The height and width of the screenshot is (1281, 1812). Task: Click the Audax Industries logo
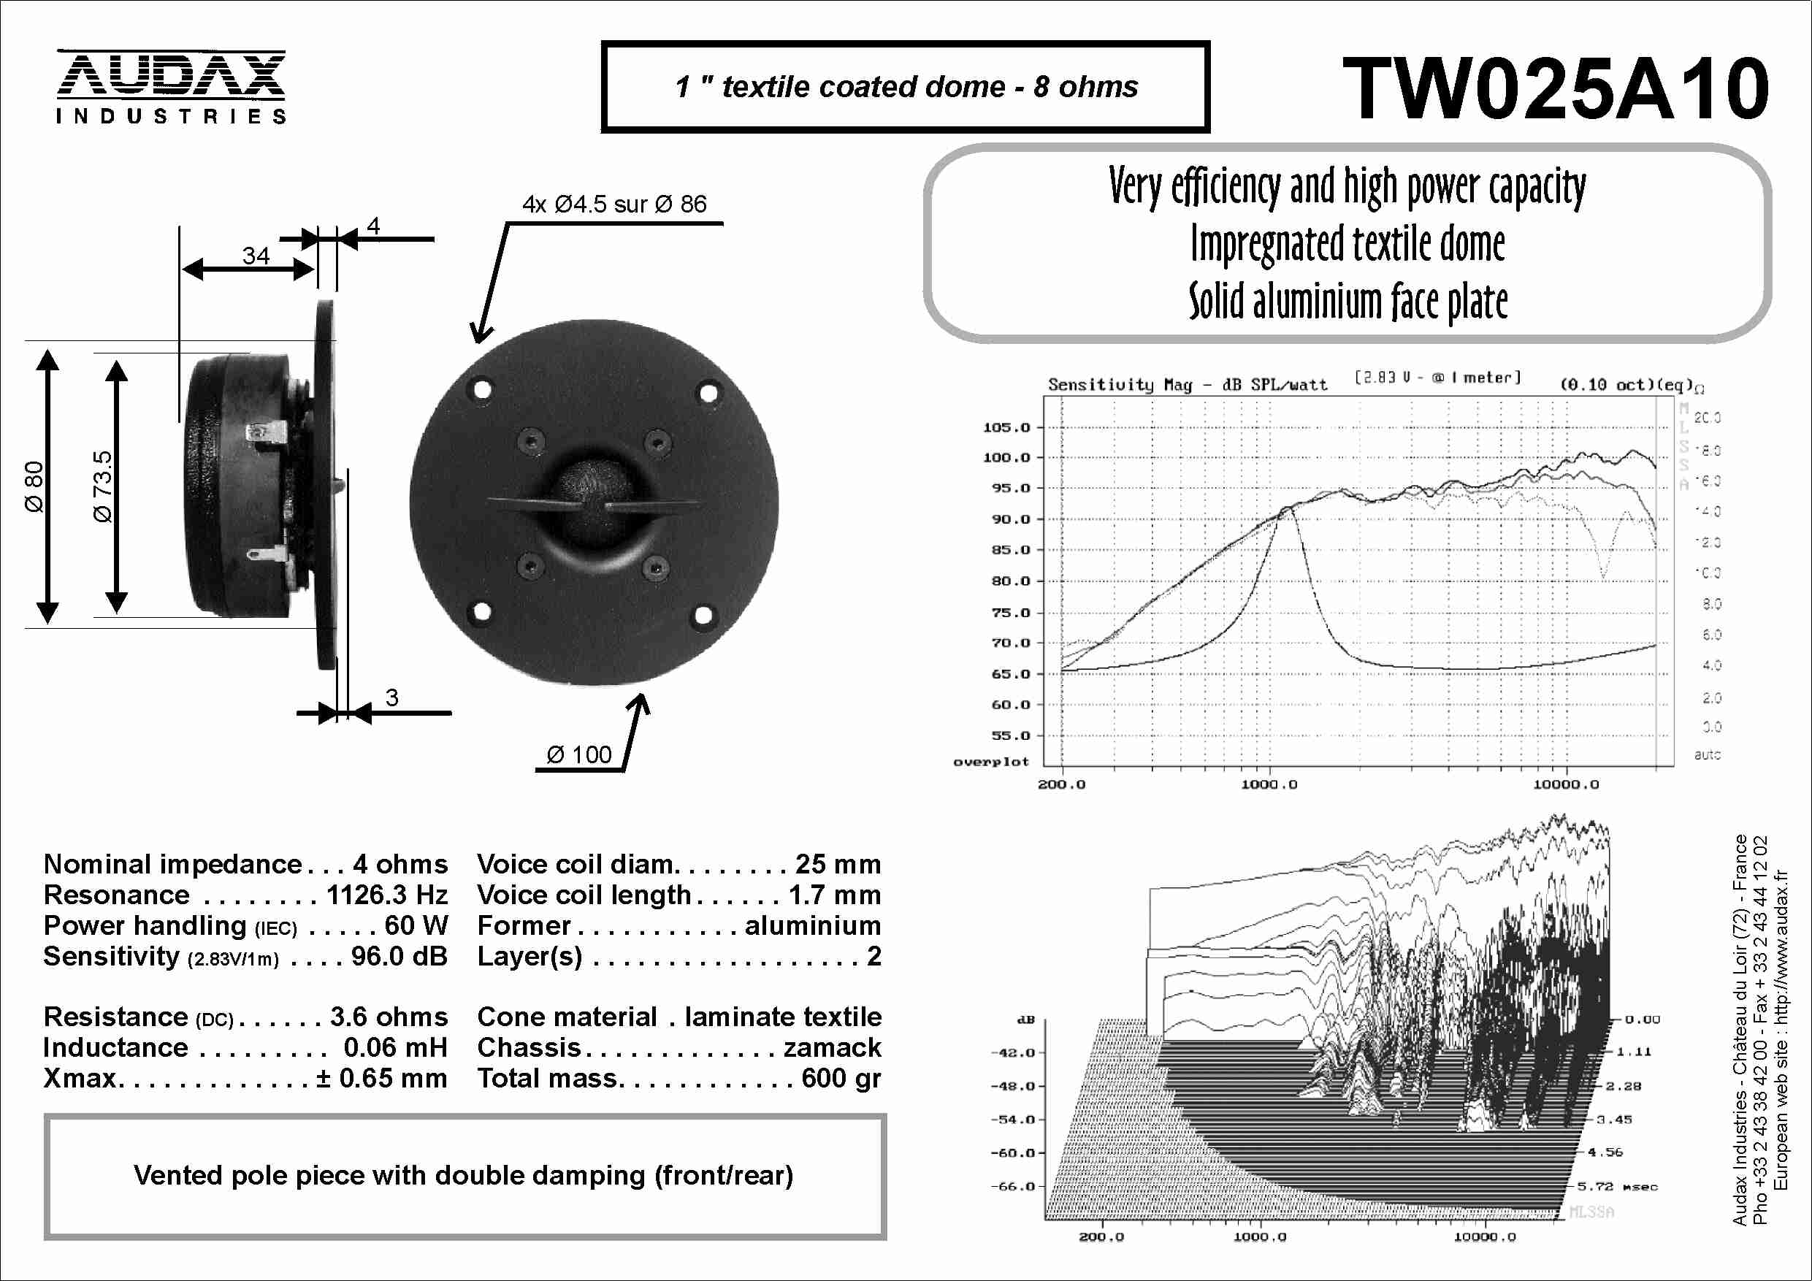(170, 87)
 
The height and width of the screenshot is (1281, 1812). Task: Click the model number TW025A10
(1556, 88)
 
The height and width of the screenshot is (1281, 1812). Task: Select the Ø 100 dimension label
(579, 754)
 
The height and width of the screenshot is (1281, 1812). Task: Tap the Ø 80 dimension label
(34, 487)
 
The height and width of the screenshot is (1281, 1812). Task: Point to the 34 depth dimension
(256, 255)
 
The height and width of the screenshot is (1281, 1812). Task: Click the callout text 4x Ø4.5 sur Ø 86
(614, 204)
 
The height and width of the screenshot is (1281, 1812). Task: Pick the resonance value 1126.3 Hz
(386, 895)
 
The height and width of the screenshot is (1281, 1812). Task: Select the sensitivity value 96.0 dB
(399, 956)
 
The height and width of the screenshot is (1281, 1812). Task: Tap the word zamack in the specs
(832, 1047)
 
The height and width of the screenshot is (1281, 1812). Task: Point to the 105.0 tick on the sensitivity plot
(1006, 427)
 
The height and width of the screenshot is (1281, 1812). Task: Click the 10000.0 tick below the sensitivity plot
(1566, 784)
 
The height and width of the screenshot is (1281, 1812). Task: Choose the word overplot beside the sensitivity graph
(990, 762)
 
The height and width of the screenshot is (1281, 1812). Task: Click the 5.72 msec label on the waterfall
(1616, 1186)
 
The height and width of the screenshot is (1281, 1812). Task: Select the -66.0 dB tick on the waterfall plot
(1012, 1186)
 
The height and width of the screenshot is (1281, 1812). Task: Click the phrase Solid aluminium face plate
(1348, 302)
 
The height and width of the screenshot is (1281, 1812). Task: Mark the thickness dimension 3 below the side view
(391, 697)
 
